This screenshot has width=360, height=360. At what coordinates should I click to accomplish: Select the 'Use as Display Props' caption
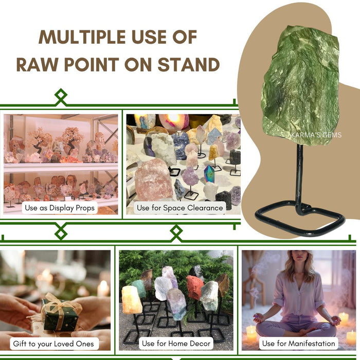click(x=60, y=208)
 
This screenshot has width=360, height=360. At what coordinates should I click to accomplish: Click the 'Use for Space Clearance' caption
click(x=180, y=208)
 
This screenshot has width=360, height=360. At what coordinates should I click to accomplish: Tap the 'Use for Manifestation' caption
click(x=299, y=343)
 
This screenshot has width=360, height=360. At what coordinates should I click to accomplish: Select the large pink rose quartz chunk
click(x=154, y=180)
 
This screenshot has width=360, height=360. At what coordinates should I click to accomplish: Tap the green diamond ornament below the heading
click(x=61, y=96)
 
